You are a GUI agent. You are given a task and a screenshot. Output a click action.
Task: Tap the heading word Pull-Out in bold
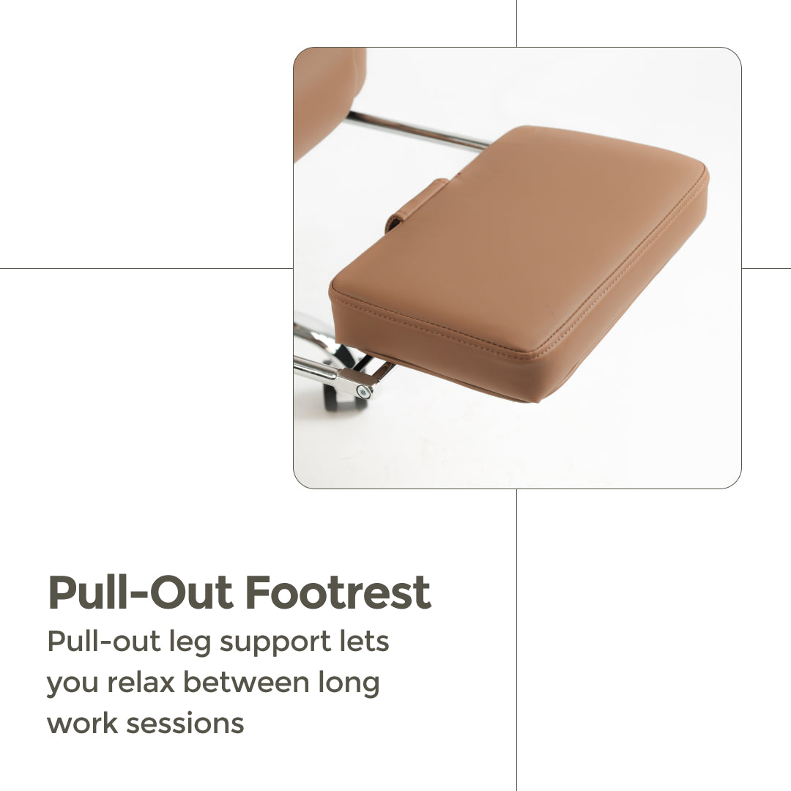(141, 593)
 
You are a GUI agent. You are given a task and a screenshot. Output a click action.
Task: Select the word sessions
(185, 724)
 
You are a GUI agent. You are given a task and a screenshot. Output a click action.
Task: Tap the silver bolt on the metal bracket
(362, 391)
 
